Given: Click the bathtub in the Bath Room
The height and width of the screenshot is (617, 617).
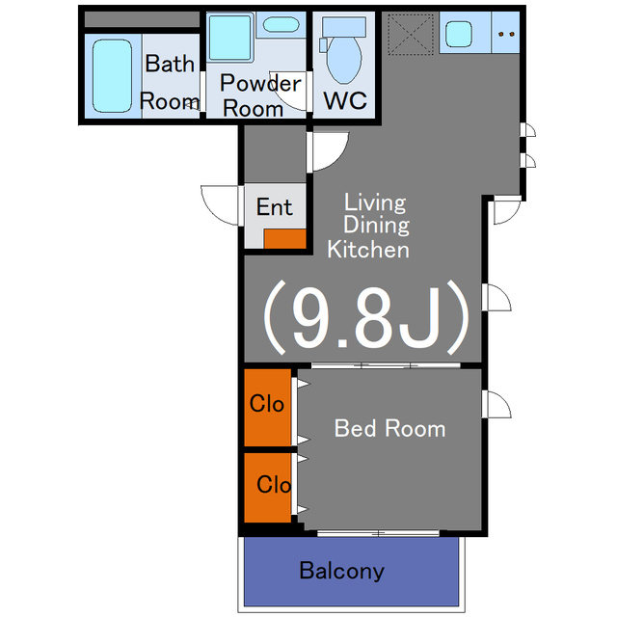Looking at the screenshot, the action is (112, 76).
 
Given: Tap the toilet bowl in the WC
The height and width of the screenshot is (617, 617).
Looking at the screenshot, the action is (344, 59).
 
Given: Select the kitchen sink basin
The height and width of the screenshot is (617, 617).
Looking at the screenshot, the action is (459, 34).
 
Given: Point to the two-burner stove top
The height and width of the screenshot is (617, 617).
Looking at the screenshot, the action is (506, 34).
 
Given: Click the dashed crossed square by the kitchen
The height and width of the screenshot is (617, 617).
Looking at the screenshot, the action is (411, 34).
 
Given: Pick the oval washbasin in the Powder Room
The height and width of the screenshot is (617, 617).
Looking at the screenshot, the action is (281, 24).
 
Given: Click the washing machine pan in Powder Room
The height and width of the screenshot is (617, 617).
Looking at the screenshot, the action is (230, 38).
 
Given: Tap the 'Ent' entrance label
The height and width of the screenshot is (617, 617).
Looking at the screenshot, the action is (274, 207).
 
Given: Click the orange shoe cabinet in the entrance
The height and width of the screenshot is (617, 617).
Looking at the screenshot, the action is (285, 238).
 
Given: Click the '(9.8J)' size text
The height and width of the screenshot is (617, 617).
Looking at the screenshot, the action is (366, 317).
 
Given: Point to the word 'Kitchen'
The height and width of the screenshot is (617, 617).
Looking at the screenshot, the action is (368, 250).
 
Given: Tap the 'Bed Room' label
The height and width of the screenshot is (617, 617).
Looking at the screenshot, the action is (389, 428).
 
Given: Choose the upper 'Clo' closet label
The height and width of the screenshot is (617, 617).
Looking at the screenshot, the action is (267, 404).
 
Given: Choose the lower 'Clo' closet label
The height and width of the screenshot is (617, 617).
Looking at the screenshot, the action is (274, 484).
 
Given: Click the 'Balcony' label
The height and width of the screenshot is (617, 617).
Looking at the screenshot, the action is (341, 571).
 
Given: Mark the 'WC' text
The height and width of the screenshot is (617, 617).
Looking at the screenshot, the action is (345, 100).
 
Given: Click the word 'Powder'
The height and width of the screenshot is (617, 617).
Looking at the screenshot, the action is (260, 83).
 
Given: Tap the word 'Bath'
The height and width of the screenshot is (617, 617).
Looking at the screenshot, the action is (170, 63).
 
